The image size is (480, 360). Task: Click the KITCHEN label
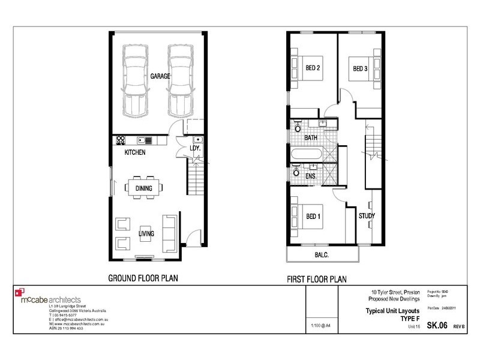(x=135, y=153)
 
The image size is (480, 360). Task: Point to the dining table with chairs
(x=143, y=188)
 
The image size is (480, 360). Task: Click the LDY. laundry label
(x=194, y=148)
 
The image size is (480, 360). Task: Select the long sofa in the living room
(x=169, y=232)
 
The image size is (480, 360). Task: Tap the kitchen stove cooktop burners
(x=120, y=140)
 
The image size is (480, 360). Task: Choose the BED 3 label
(x=359, y=67)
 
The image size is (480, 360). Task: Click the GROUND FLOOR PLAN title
(x=143, y=278)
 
